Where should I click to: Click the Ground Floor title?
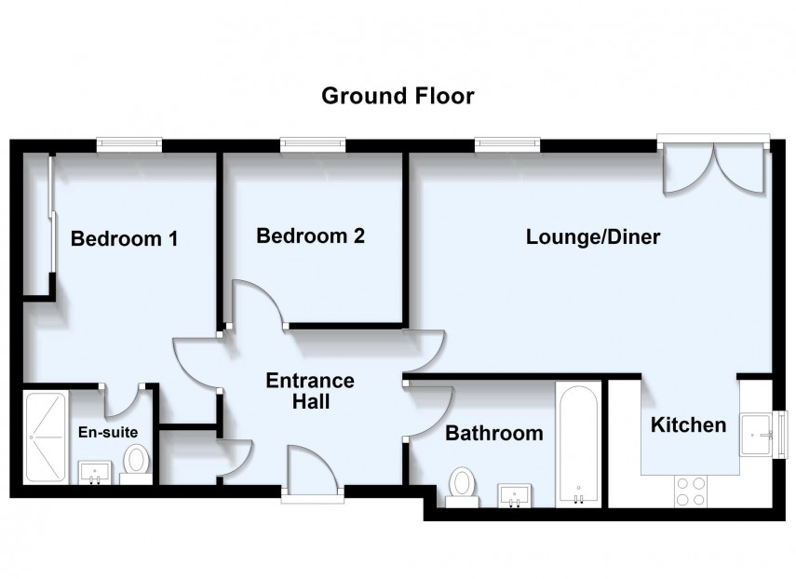pos(398,96)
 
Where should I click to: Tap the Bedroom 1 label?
pos(124,238)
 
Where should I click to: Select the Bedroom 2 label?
pos(310,236)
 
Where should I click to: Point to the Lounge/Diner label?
pos(593,236)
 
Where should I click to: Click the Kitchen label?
pos(688,425)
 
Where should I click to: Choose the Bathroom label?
pos(493,433)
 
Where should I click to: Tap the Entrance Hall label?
pos(310,391)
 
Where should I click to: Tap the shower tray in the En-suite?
pos(45,437)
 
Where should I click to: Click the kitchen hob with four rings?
pos(690,490)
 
